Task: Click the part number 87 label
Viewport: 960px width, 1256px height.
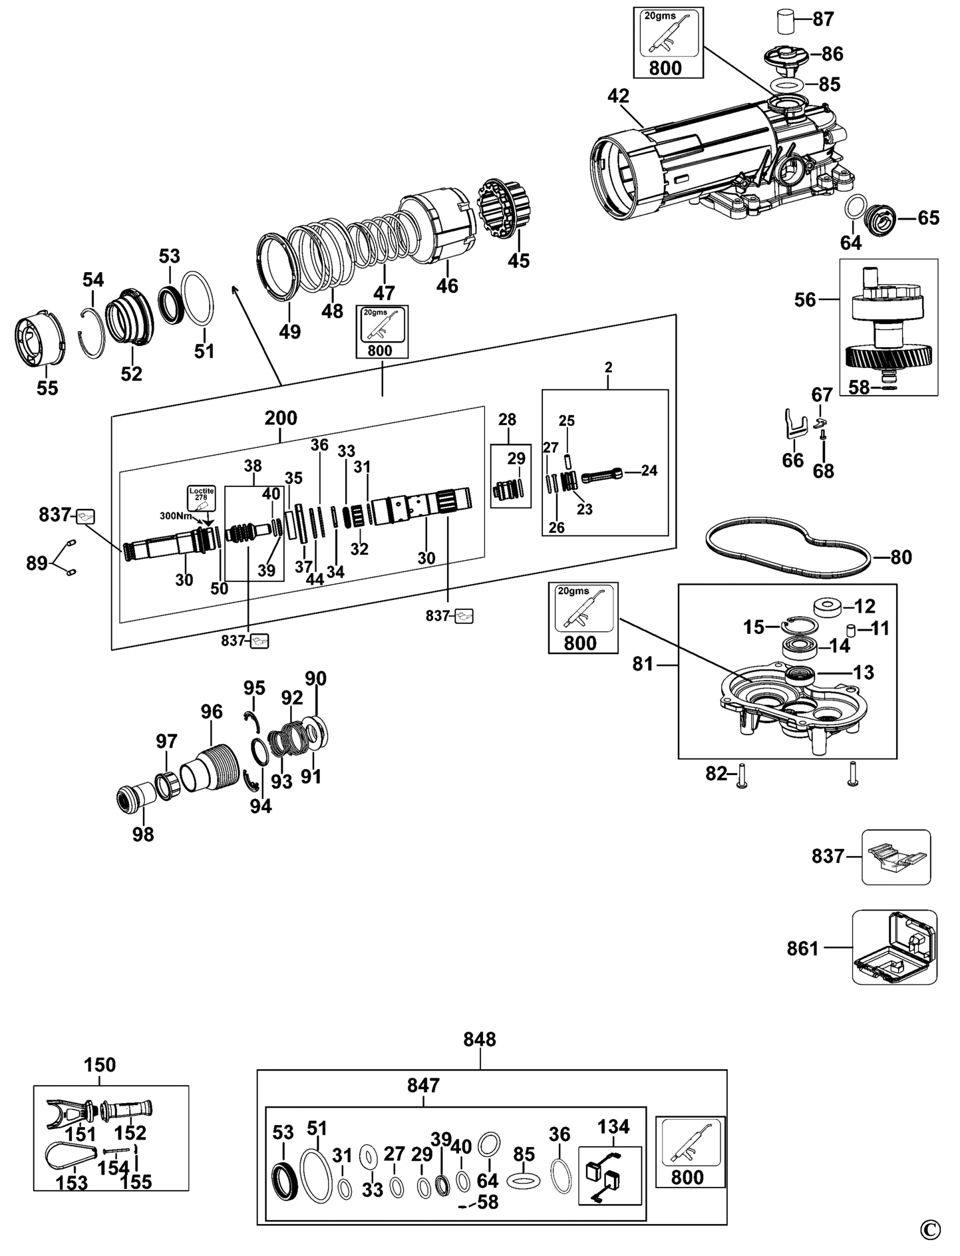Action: pyautogui.click(x=823, y=19)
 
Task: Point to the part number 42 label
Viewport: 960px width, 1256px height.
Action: pyautogui.click(x=618, y=96)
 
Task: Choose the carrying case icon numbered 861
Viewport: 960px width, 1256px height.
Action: pyautogui.click(x=895, y=947)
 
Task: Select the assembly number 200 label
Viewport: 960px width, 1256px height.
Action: pyautogui.click(x=281, y=418)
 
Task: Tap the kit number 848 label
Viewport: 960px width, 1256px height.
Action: pyautogui.click(x=480, y=1039)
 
